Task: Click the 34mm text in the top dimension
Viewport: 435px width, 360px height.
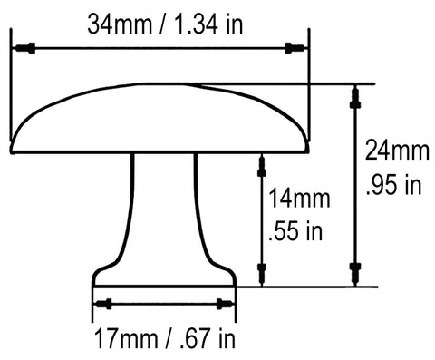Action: [120, 24]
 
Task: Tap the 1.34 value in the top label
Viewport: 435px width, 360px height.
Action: [196, 24]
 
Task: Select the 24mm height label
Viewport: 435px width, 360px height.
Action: [397, 151]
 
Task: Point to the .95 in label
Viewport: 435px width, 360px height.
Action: [393, 184]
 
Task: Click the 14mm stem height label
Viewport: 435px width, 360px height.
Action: [299, 199]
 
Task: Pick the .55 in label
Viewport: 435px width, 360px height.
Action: [295, 231]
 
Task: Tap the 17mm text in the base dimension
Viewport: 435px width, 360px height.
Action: [126, 339]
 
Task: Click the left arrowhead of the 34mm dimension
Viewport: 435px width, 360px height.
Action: [24, 48]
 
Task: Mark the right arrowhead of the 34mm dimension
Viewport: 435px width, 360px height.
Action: [295, 48]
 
